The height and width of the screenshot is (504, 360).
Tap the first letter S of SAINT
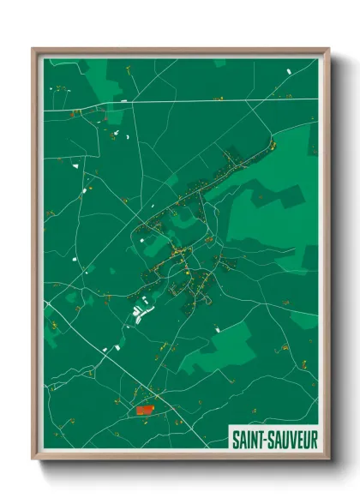pos(236,439)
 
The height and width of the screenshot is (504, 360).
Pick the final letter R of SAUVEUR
pos(314,439)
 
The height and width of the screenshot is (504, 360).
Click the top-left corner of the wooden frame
pos(33,49)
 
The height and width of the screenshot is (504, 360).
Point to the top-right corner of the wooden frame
pos(327,49)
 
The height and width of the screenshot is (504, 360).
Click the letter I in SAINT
pos(249,439)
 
